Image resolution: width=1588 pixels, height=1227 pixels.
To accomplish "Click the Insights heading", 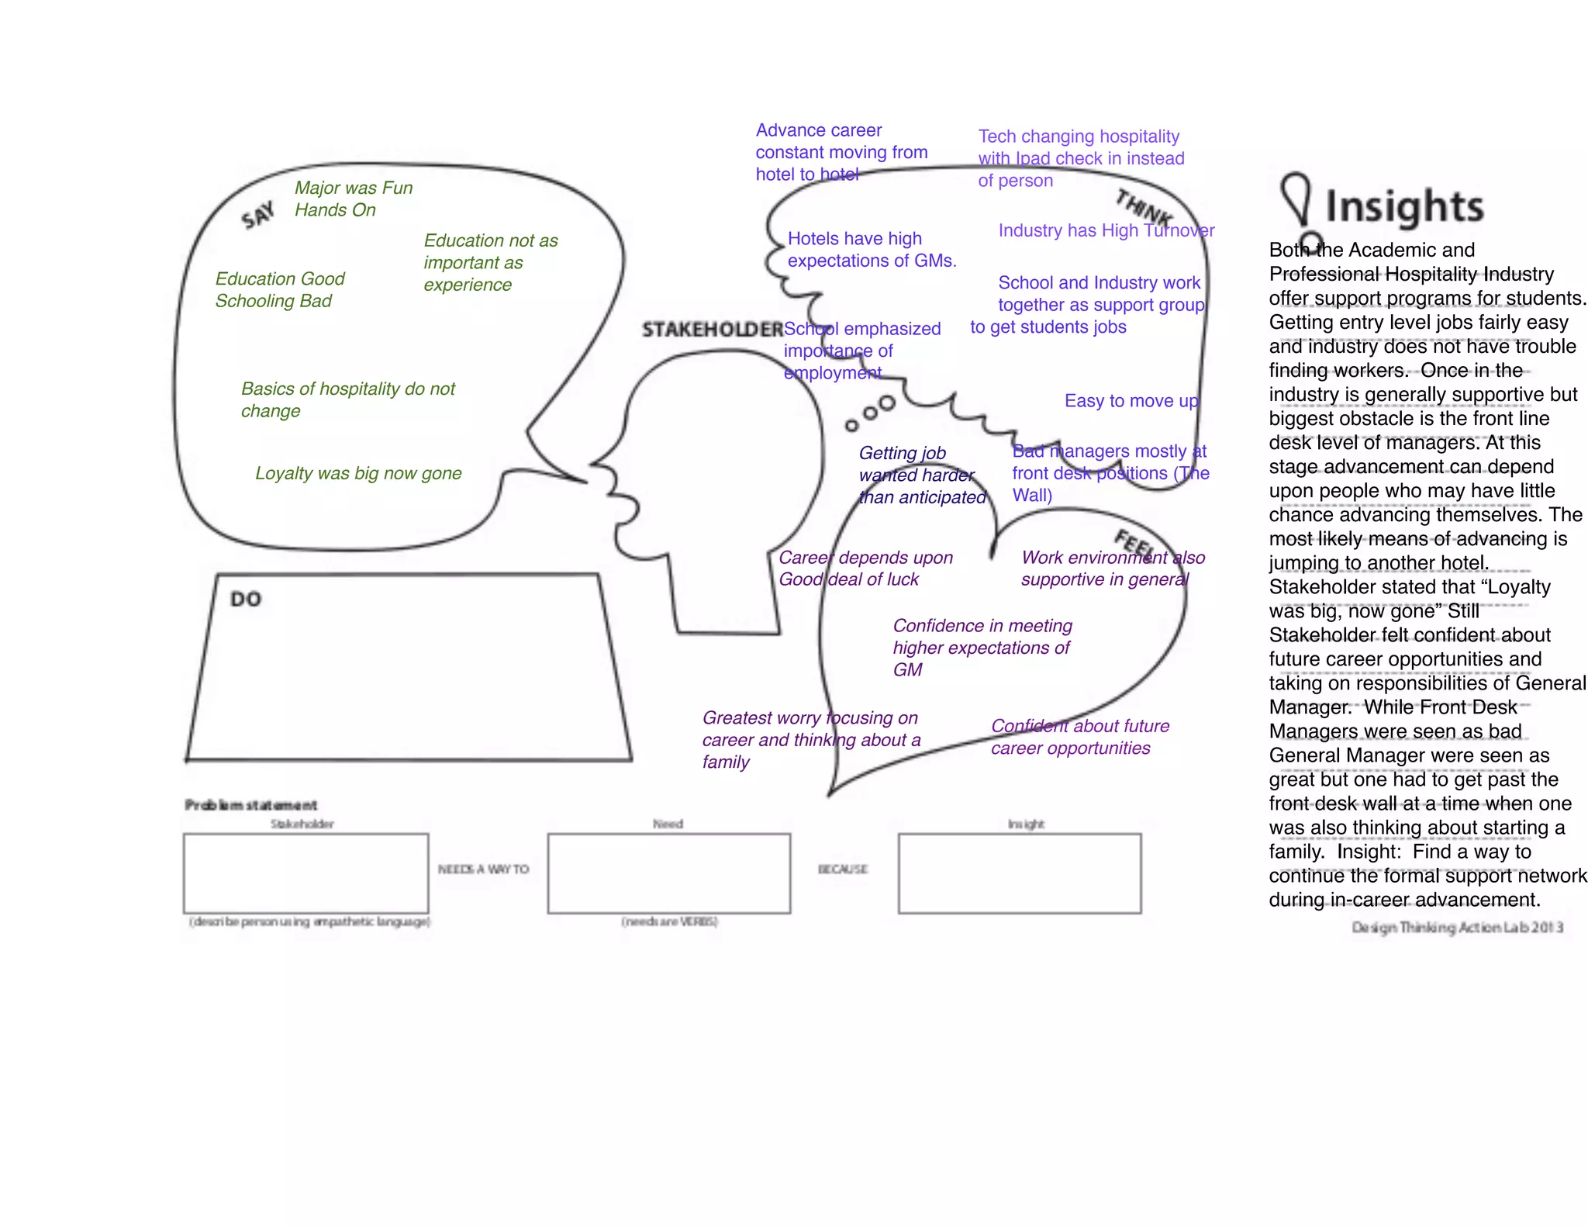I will coord(1403,206).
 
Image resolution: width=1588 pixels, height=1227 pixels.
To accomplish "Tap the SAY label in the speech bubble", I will coord(258,215).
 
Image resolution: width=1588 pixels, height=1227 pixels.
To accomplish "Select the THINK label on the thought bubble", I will coord(1143,208).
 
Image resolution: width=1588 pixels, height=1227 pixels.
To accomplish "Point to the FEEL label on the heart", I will coord(1135,544).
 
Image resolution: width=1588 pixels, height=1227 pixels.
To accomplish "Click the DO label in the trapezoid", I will coord(246,599).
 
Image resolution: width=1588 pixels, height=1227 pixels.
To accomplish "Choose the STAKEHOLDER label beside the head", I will coord(712,330).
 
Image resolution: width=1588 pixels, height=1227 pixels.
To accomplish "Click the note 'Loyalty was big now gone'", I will coord(358,473).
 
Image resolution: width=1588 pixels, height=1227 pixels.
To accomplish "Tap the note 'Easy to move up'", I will coord(1131,401).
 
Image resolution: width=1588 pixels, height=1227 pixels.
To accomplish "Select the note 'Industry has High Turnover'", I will coord(1106,230).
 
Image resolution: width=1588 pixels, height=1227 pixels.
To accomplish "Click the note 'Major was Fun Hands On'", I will coord(353,199).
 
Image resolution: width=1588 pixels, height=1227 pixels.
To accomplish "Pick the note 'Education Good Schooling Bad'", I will coord(279,289).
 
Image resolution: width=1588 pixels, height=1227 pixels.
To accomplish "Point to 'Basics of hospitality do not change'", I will coord(347,399).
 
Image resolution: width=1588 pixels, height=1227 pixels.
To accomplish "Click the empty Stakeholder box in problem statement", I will coord(306,873).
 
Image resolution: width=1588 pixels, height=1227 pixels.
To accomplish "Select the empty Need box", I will coord(668,873).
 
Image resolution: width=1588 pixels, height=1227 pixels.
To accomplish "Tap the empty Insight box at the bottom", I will coord(1019,873).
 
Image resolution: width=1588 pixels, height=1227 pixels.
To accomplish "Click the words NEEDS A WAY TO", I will coord(483,869).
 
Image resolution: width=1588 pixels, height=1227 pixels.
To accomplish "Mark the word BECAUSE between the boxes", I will coord(843,869).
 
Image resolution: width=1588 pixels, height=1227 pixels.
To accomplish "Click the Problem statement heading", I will coord(250,805).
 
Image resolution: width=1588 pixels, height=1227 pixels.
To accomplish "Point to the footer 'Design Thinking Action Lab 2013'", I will coord(1457,928).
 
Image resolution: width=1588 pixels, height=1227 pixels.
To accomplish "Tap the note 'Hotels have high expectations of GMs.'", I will coord(872,250).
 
